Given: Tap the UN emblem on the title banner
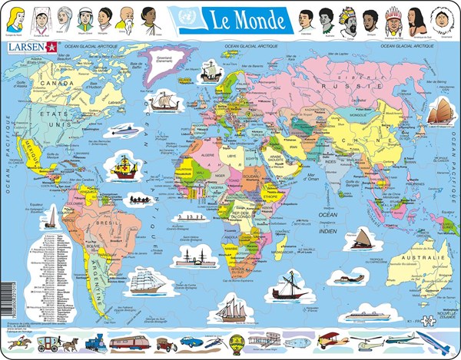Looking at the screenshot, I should tap(186, 16).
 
